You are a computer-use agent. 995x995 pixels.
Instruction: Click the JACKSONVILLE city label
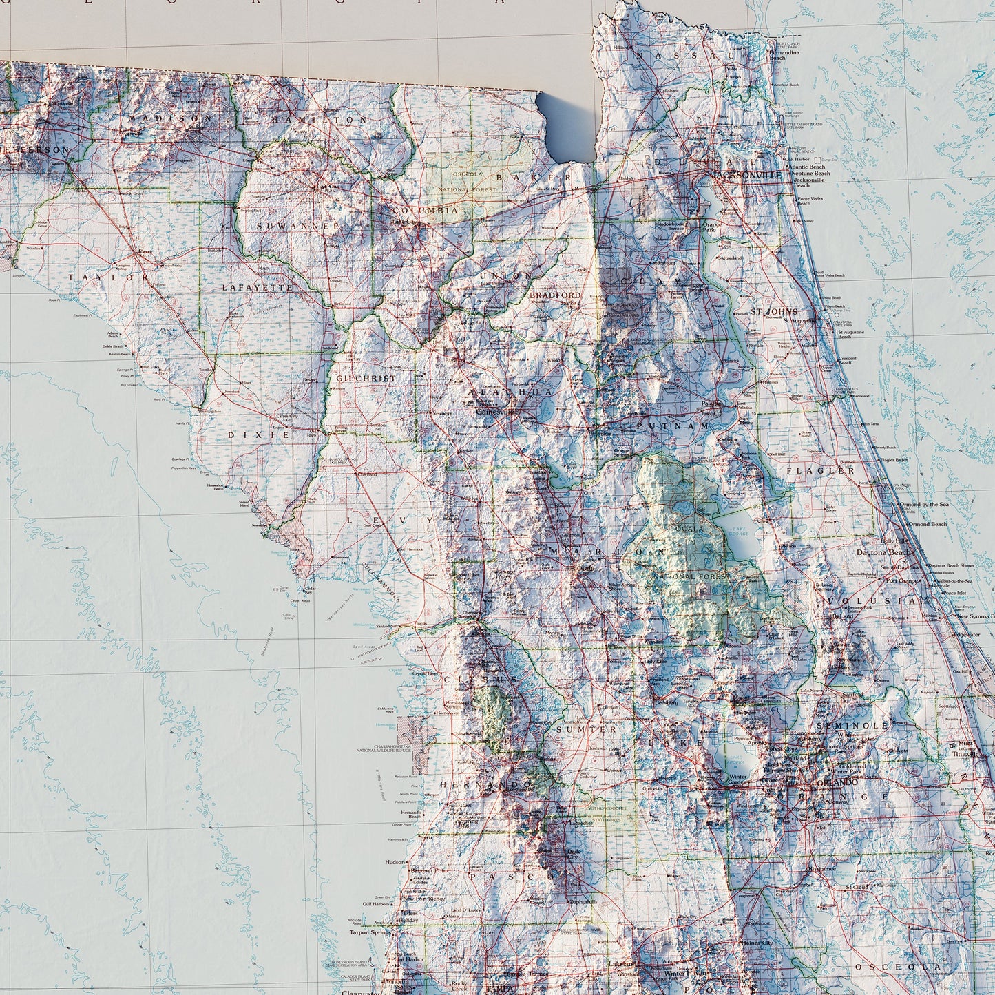pyautogui.click(x=748, y=175)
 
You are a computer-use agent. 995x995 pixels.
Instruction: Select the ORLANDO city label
pyautogui.click(x=837, y=782)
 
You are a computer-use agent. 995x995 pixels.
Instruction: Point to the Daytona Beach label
pyautogui.click(x=879, y=552)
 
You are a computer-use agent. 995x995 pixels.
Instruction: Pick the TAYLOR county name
pyautogui.click(x=108, y=277)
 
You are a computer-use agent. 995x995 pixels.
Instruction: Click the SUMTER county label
pyautogui.click(x=587, y=729)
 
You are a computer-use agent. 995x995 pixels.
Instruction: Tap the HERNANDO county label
pyautogui.click(x=485, y=785)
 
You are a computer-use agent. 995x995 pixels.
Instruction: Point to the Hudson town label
pyautogui.click(x=395, y=861)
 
